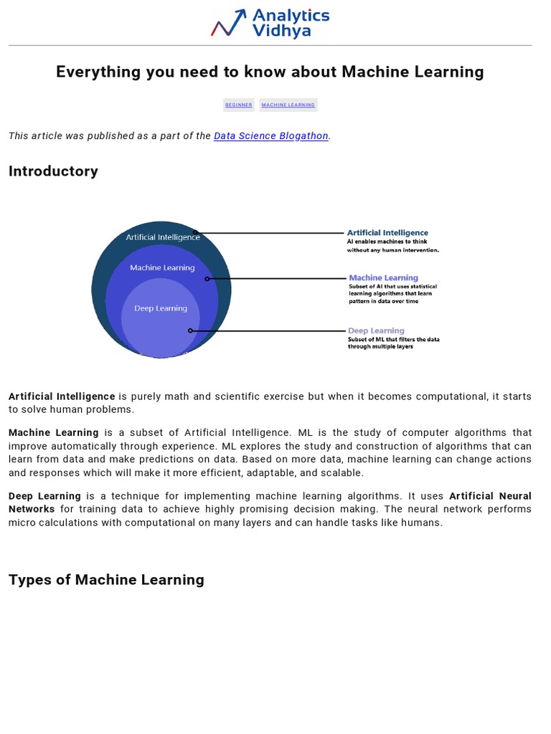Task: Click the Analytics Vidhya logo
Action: click(270, 22)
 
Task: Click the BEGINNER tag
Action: click(239, 105)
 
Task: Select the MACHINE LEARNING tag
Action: click(288, 105)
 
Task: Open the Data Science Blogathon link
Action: click(271, 135)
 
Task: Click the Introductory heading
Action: click(53, 171)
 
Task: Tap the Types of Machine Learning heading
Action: click(106, 579)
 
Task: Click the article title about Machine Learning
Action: click(270, 72)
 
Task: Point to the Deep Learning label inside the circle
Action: click(161, 308)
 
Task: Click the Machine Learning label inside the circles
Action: click(162, 267)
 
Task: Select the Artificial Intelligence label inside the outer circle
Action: click(163, 237)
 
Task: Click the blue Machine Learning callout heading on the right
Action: click(383, 277)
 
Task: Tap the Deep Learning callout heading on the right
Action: click(376, 330)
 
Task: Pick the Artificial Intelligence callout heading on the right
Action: click(387, 232)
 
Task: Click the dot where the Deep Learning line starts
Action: click(190, 330)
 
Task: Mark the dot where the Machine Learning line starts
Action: click(207, 279)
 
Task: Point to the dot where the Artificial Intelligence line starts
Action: click(195, 233)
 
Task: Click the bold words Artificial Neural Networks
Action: click(490, 496)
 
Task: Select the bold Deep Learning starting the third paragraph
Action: click(44, 496)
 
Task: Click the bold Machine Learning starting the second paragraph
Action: click(54, 433)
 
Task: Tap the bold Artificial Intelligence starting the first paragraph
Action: click(62, 396)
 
